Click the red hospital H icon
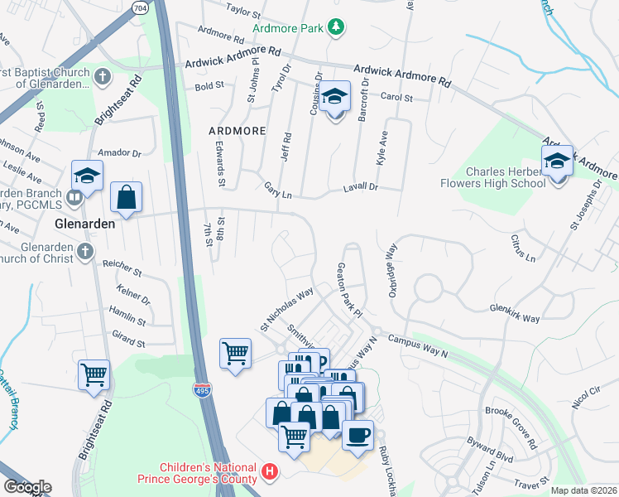[268, 473]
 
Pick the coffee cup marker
[357, 435]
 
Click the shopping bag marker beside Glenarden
[126, 197]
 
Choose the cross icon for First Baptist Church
[102, 77]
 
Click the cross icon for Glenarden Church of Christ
[84, 252]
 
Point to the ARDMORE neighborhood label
[237, 131]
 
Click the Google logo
[26, 487]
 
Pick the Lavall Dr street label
[361, 188]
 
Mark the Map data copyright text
[583, 490]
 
